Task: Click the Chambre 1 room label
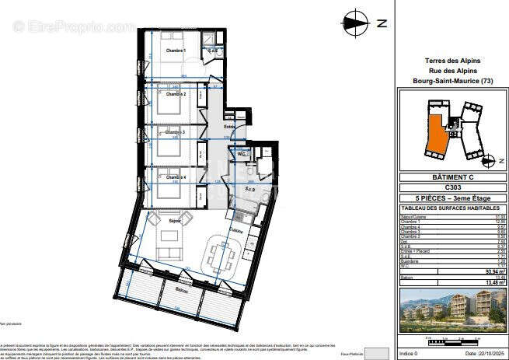[x=175, y=51]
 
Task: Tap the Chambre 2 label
[x=175, y=94]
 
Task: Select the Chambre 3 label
[x=175, y=133]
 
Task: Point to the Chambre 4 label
[x=175, y=177]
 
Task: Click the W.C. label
[x=242, y=154]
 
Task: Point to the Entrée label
[x=229, y=127]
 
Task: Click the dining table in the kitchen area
[x=222, y=254]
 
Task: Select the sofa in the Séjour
[x=167, y=247]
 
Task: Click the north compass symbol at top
[x=357, y=23]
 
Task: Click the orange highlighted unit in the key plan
[x=441, y=133]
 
